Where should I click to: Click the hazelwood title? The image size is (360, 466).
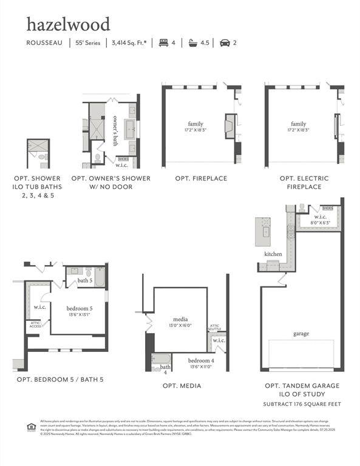(68, 24)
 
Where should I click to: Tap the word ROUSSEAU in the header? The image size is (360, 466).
(44, 43)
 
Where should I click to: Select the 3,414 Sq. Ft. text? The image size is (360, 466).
(128, 43)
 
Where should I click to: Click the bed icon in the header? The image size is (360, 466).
(163, 43)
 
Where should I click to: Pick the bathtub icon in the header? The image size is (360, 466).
(195, 43)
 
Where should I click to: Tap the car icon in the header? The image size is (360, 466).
(225, 43)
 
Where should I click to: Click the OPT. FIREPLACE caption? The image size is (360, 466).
(201, 178)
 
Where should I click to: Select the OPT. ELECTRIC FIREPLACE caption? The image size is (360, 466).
(304, 183)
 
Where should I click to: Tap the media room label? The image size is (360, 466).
(180, 322)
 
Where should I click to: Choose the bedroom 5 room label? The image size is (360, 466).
(78, 311)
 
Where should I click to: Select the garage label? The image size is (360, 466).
(301, 334)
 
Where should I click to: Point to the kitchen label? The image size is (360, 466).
(273, 254)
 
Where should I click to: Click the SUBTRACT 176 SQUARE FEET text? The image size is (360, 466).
(301, 404)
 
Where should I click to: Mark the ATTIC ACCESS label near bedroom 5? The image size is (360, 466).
(35, 325)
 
